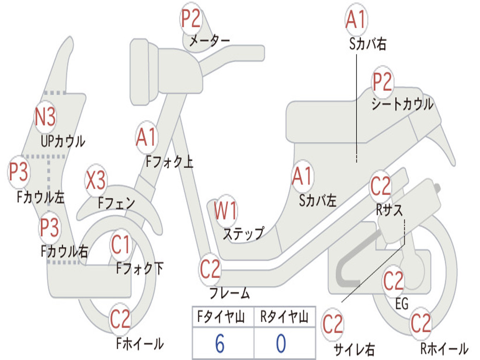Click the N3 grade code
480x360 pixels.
45,117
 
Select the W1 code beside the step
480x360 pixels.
225,211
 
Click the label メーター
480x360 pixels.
209,41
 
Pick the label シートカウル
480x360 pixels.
402,104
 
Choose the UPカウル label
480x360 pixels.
63,141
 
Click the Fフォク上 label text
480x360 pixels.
169,162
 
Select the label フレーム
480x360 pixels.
230,294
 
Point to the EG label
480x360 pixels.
402,304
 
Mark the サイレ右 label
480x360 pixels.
354,349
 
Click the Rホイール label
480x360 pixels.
443,348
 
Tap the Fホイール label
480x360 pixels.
140,344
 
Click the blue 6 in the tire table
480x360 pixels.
220,344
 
